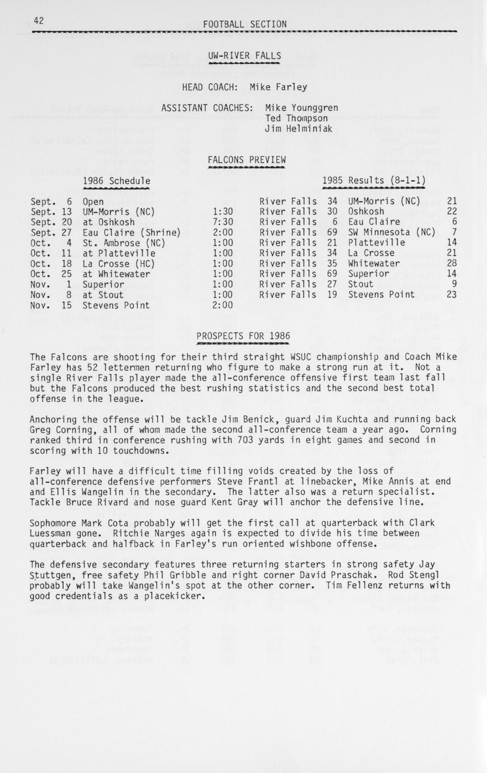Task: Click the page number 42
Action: [x=39, y=21]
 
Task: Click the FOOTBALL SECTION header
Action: [x=245, y=24]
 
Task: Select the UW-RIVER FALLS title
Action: [x=244, y=55]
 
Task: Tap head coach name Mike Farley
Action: [x=278, y=87]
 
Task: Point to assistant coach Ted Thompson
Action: [x=296, y=118]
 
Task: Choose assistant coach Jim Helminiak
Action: [x=299, y=128]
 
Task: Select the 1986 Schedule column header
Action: [x=117, y=180]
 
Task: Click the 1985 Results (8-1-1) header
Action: [x=374, y=180]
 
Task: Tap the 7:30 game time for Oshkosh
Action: [x=223, y=222]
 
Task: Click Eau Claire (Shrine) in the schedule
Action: [x=131, y=232]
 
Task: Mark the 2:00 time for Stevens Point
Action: [x=223, y=305]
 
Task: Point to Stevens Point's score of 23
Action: [x=452, y=295]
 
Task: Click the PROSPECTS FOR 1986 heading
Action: [x=243, y=336]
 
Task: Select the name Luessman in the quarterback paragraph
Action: [x=54, y=533]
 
